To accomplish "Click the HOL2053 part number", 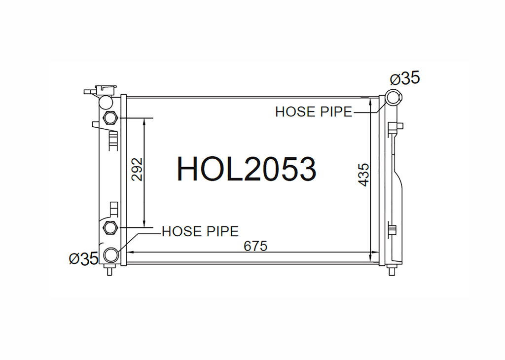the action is point(247,169).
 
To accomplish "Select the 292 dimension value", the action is point(137,169).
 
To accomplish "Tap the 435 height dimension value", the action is point(363,175).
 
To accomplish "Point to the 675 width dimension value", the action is point(255,247).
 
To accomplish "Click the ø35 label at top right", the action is point(405,78).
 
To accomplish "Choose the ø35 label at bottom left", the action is point(83,258).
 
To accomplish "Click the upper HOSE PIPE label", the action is point(314,112).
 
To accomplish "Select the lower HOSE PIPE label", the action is point(200,231).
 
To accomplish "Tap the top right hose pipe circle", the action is point(393,97).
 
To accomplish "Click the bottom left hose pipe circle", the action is point(111,255).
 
